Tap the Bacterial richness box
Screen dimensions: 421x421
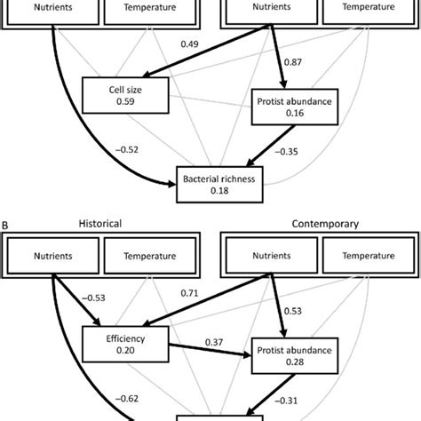218,182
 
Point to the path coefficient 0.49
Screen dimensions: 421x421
188,44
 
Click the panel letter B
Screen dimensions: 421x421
6,225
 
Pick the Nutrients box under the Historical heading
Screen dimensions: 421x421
51,257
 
